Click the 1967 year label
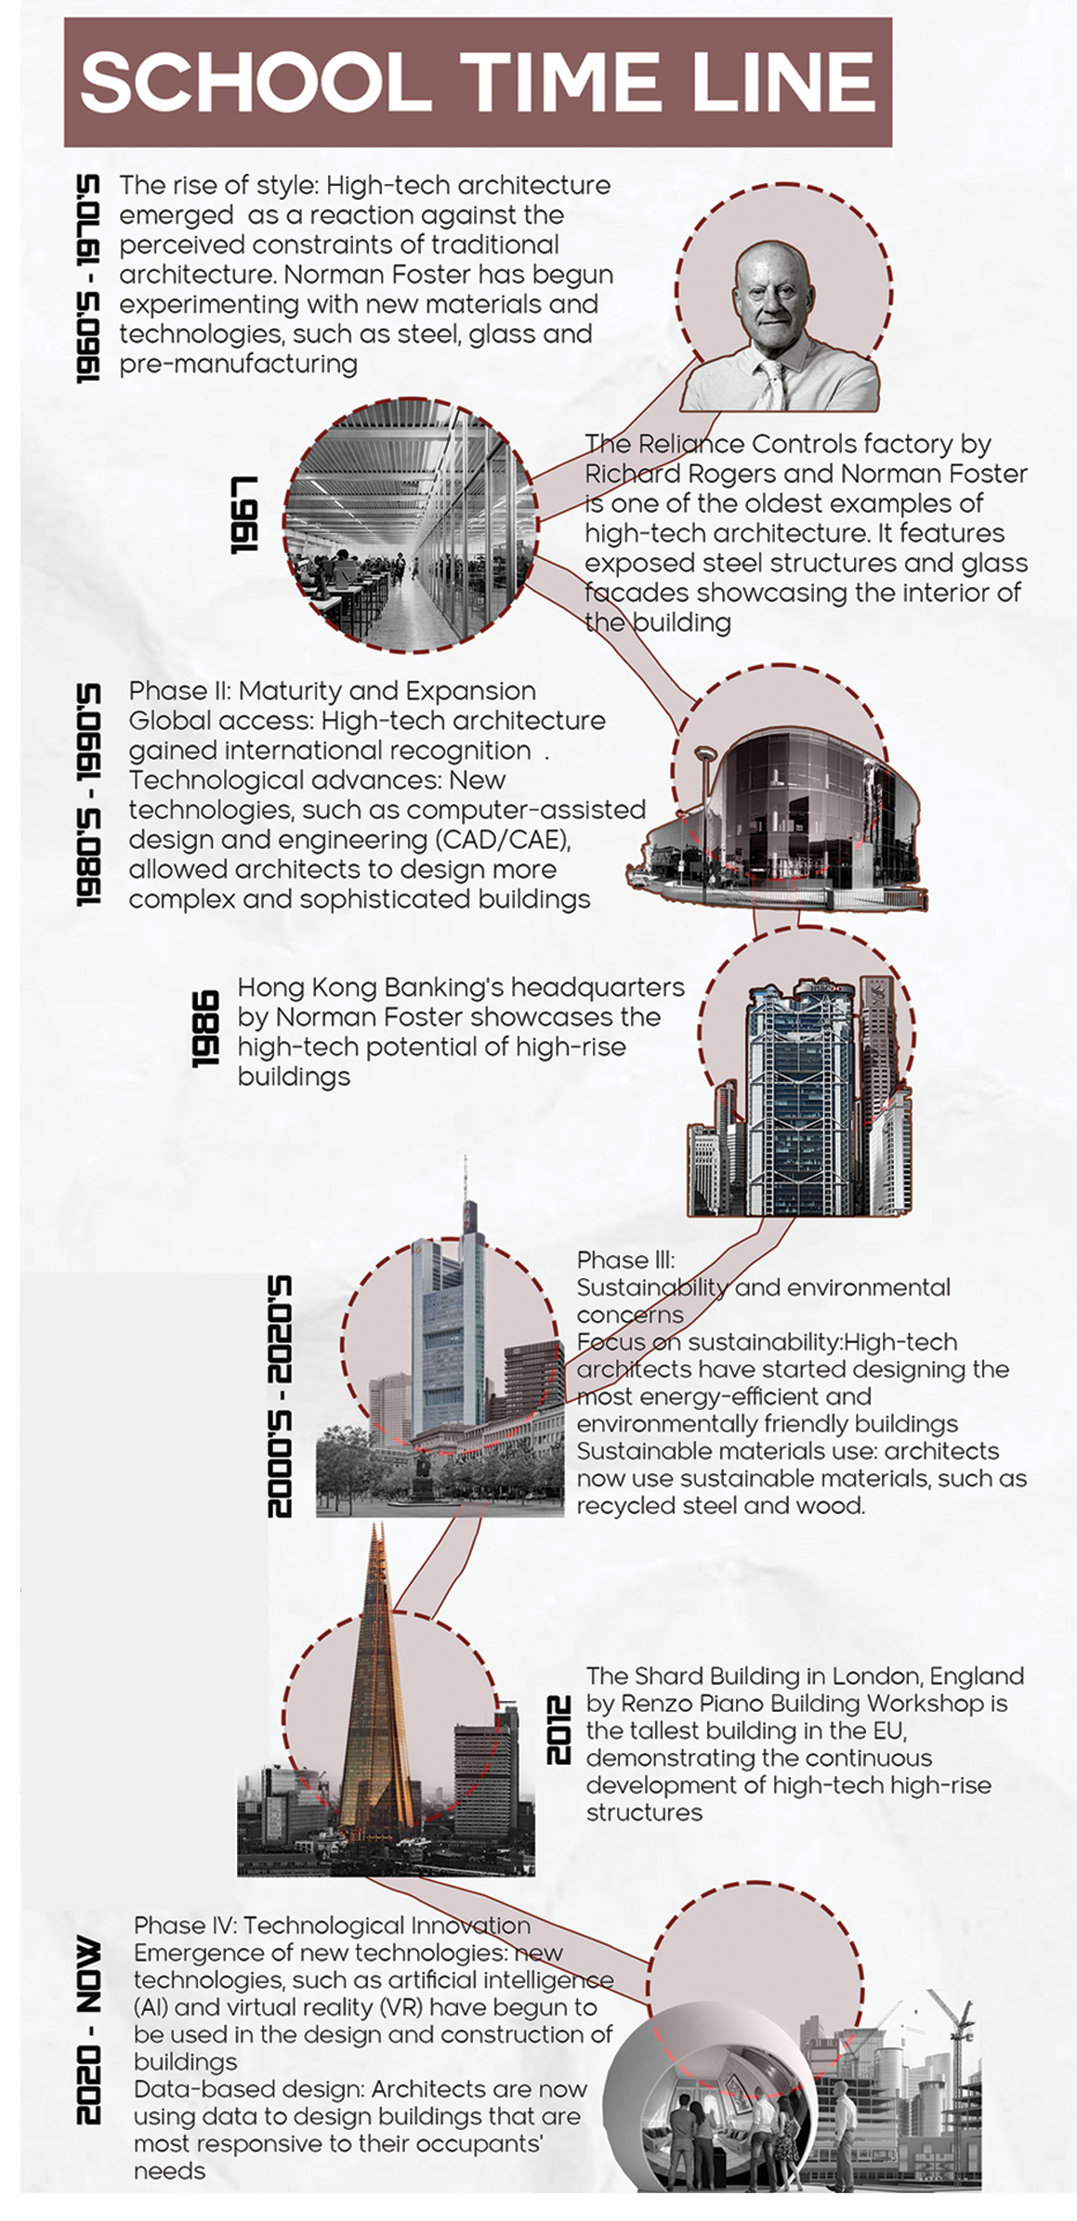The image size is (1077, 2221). click(x=244, y=515)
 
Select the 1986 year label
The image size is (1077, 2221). click(x=205, y=1028)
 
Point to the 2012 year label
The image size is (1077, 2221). click(x=558, y=1730)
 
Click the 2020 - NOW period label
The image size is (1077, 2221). click(x=88, y=2030)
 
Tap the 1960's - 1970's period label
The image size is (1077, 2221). click(x=88, y=278)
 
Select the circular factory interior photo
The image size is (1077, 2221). click(x=409, y=525)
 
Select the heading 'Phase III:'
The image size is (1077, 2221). click(x=625, y=1260)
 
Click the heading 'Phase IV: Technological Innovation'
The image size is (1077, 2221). click(x=332, y=1926)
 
